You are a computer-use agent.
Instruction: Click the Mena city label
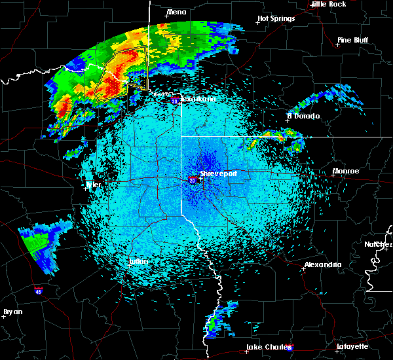pyautogui.click(x=176, y=12)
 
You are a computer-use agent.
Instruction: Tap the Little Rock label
pyautogui.click(x=328, y=4)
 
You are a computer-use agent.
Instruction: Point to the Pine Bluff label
pyautogui.click(x=352, y=40)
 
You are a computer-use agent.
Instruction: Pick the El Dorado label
pyautogui.click(x=303, y=116)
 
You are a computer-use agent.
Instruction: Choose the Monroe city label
pyautogui.click(x=346, y=171)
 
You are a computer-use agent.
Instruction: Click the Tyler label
pyautogui.click(x=94, y=185)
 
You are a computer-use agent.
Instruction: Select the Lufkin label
pyautogui.click(x=138, y=261)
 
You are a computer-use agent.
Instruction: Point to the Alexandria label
pyautogui.click(x=322, y=265)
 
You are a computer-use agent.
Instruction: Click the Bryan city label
pyautogui.click(x=13, y=312)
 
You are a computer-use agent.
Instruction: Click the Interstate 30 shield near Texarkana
pyautogui.click(x=174, y=101)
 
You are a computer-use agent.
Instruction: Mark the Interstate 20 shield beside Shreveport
pyautogui.click(x=193, y=180)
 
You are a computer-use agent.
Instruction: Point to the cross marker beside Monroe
pyautogui.click(x=333, y=176)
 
